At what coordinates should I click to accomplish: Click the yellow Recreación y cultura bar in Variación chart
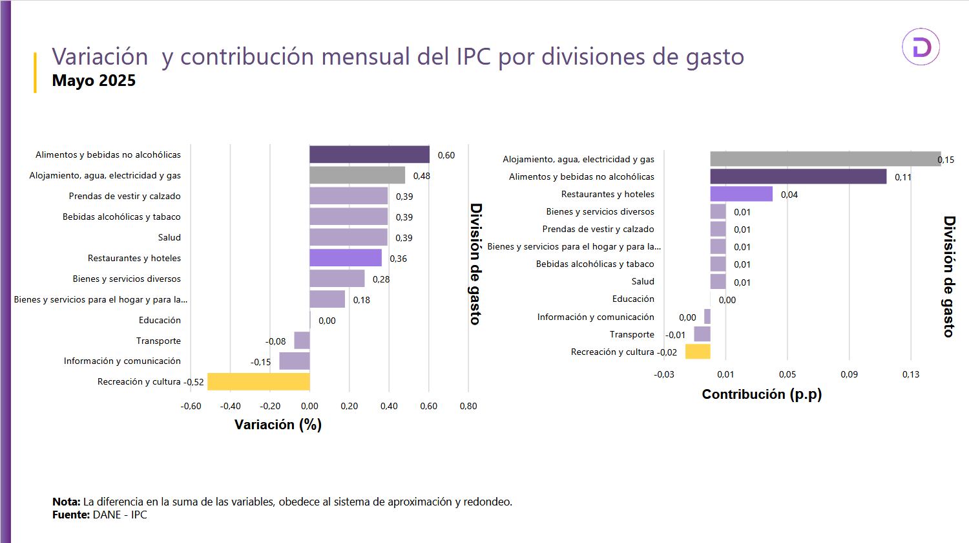(258, 382)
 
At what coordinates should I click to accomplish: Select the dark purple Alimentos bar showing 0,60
(370, 154)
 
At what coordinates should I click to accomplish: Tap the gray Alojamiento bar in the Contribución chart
(825, 159)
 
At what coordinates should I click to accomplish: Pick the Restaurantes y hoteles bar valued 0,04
(741, 194)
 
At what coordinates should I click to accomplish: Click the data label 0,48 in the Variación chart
(422, 176)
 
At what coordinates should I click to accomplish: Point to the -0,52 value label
(194, 382)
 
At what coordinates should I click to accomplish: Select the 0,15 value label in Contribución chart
(946, 160)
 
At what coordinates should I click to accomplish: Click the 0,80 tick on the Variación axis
(468, 406)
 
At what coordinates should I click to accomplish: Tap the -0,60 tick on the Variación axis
(191, 406)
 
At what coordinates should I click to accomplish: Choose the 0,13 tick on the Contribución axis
(911, 374)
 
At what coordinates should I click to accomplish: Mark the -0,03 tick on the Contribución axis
(664, 374)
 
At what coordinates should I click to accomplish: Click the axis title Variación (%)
(278, 425)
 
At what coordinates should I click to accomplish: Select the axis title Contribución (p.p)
(762, 394)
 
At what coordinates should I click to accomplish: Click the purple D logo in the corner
(921, 47)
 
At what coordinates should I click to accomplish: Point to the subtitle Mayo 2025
(94, 81)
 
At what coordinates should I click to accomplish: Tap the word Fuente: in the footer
(71, 515)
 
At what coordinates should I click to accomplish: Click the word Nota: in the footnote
(67, 502)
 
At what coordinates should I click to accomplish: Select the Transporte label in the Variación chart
(158, 341)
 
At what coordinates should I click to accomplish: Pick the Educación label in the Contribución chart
(633, 299)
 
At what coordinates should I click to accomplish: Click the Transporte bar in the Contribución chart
(702, 334)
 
